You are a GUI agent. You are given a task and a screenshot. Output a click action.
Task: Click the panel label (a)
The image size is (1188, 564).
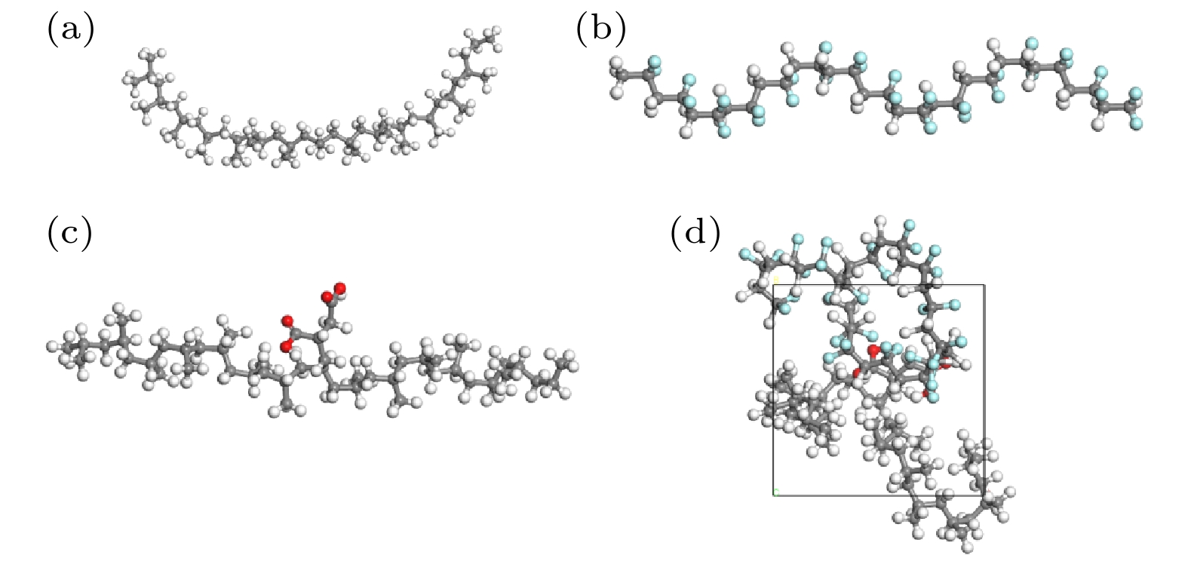[x=71, y=29]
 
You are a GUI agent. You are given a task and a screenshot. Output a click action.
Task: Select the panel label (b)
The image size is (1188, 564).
[x=601, y=29]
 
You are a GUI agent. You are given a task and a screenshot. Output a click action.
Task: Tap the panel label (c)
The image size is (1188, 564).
[x=69, y=233]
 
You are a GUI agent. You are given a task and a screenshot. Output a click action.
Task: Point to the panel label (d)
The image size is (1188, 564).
[x=695, y=233]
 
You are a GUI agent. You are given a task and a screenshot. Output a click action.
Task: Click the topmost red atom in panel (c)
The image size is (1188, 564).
[x=340, y=288]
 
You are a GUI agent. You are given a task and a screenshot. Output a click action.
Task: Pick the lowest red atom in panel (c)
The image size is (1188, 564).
[x=287, y=347]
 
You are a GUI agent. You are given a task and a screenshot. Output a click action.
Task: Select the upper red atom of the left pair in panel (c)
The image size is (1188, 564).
[x=287, y=320]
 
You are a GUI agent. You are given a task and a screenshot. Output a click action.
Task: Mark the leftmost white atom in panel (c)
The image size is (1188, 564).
[x=53, y=346]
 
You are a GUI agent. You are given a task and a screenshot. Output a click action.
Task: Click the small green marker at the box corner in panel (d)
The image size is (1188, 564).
[x=776, y=493]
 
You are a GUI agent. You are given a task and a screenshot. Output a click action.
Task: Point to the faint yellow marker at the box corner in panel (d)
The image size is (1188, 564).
[x=776, y=279]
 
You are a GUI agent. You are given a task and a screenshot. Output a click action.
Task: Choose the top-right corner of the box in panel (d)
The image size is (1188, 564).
[x=985, y=285]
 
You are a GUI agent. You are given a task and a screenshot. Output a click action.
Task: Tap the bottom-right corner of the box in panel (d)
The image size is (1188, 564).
[x=985, y=495]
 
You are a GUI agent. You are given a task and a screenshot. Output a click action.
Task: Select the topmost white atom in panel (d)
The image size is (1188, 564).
[x=881, y=220]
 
